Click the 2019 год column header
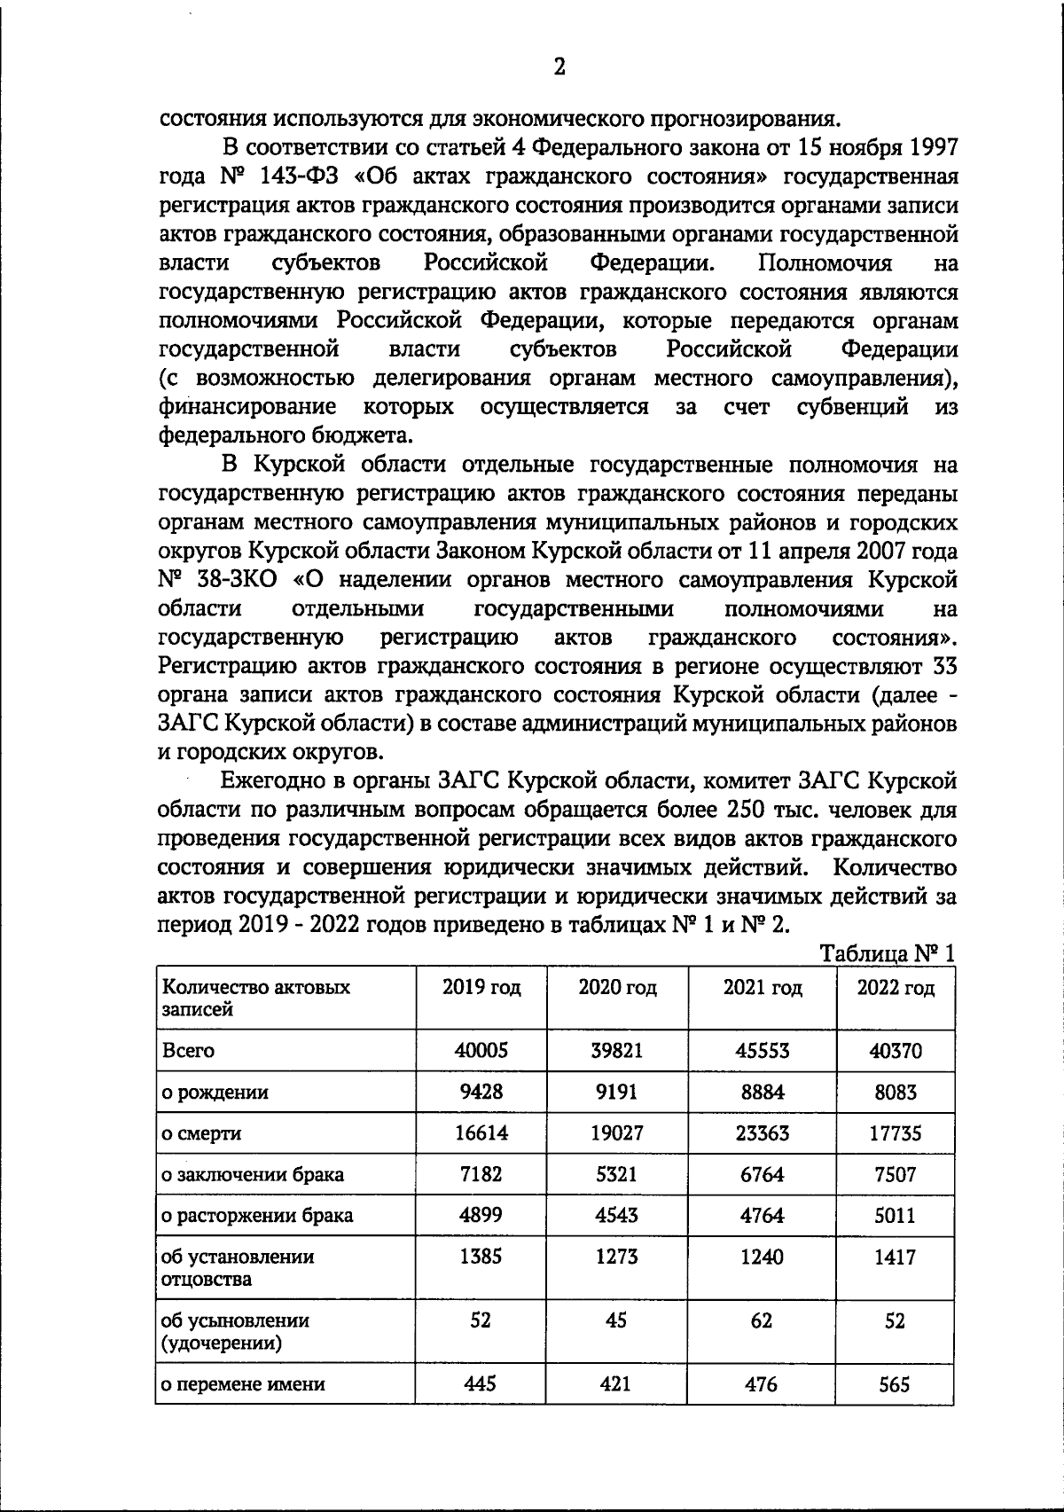[481, 988]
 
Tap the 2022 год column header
[895, 988]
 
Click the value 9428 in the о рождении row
[481, 1092]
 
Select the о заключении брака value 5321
[616, 1174]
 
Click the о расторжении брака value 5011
[895, 1215]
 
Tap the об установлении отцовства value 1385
[481, 1257]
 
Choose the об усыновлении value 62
[761, 1320]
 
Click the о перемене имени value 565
[894, 1383]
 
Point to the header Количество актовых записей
[255, 998]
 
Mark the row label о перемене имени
[242, 1384]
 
